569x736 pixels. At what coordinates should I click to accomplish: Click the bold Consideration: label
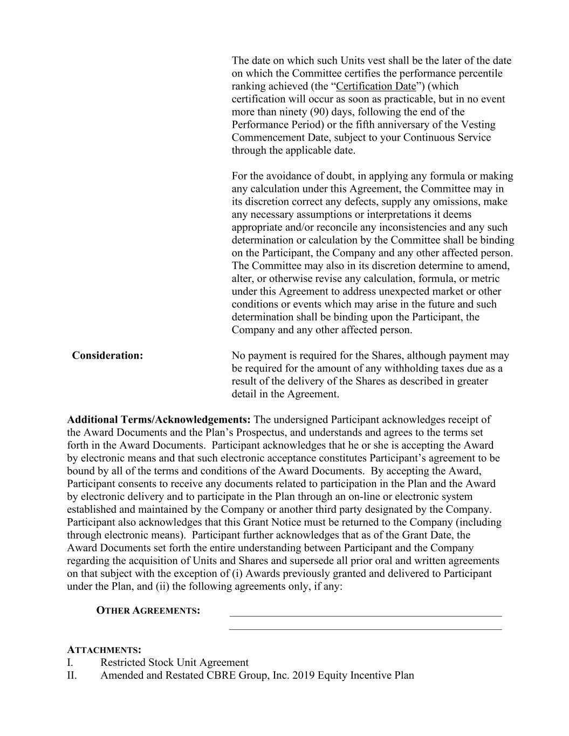tap(107, 355)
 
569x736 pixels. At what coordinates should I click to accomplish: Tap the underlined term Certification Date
tap(376, 86)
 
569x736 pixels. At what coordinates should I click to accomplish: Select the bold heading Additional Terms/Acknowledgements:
tap(159, 419)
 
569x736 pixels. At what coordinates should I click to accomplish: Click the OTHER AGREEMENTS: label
tap(148, 610)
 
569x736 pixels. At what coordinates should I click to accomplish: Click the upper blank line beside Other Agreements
tap(365, 615)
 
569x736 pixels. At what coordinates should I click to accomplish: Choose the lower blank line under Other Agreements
tap(365, 629)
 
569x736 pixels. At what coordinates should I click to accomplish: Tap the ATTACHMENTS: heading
tap(104, 650)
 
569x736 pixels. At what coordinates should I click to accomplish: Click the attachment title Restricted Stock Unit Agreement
tap(174, 662)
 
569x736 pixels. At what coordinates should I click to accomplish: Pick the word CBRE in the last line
tap(220, 675)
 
